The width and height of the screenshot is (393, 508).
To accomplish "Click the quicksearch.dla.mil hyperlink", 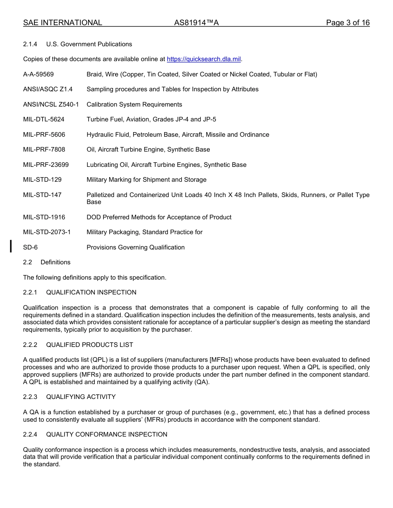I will point(204,59).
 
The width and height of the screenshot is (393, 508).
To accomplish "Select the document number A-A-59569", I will point(38,74).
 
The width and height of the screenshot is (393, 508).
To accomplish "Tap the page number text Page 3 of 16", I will point(347,23).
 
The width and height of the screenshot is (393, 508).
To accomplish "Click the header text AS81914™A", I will point(196,23).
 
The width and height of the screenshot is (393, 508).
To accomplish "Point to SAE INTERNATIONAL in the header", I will point(62,23).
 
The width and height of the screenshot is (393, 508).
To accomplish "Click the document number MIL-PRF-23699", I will point(46,165).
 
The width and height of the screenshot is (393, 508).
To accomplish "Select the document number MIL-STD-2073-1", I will point(47,232).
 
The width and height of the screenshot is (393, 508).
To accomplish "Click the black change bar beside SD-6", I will point(11,246).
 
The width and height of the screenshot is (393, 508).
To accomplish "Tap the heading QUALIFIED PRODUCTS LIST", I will point(90,345).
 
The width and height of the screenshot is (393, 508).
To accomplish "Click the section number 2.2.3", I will point(30,397).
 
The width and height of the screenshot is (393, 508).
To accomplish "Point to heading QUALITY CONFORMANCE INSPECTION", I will point(107,434).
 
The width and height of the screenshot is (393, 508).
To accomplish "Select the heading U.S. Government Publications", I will point(89,44).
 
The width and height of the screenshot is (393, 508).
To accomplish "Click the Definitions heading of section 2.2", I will point(55,262).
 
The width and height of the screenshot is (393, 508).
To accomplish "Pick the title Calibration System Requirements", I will point(134,104).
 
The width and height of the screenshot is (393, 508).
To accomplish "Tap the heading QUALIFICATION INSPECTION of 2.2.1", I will point(91,292).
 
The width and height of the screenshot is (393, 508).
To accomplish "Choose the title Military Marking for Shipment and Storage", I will point(146,180).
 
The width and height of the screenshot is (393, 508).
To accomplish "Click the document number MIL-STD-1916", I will point(44,217).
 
